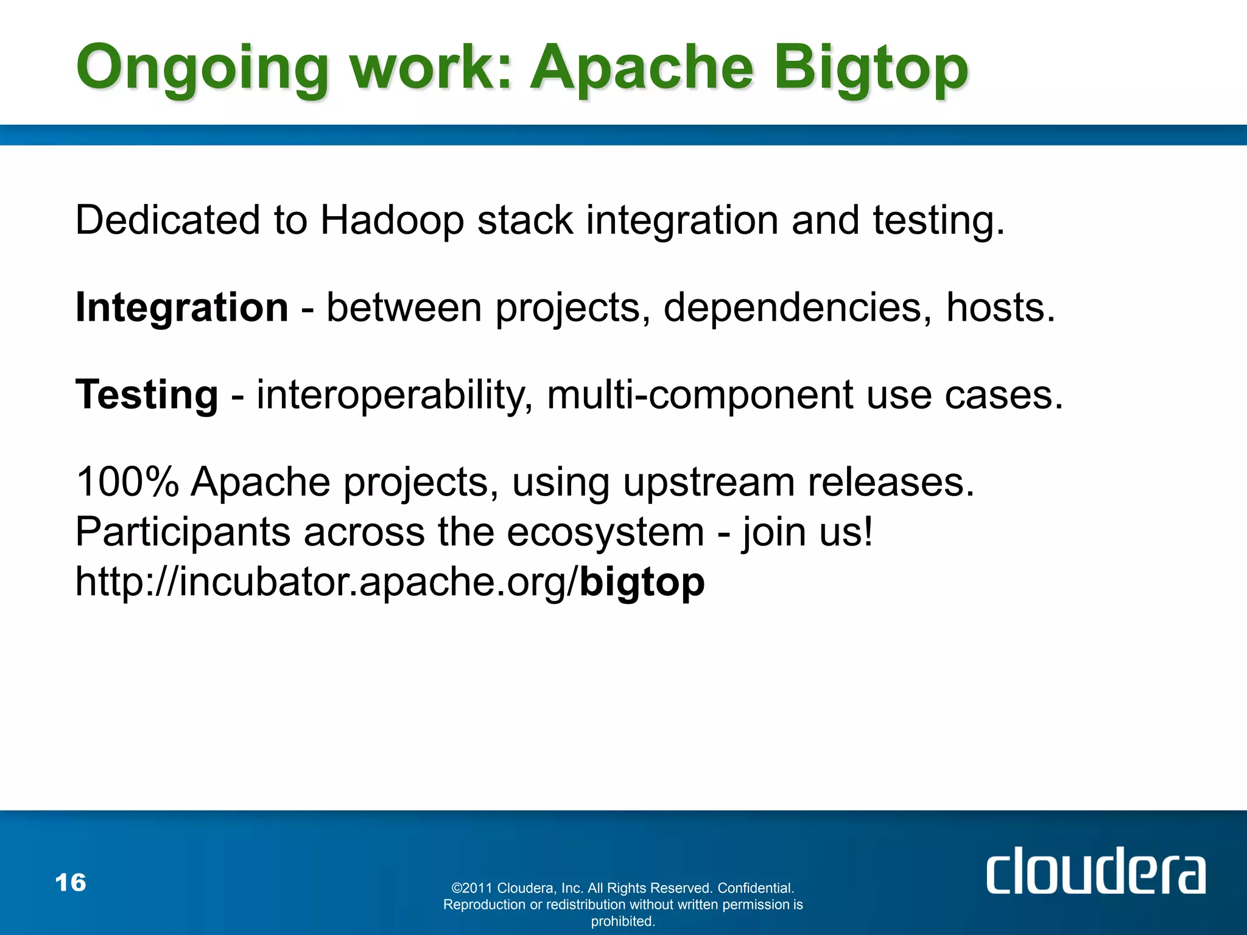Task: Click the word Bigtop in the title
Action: coord(871,68)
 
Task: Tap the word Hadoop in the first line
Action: coord(392,220)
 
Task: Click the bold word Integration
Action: coord(181,307)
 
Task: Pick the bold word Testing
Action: coord(147,394)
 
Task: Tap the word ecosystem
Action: coord(605,532)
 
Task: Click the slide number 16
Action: coord(71,883)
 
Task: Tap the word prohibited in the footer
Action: coord(623,921)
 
